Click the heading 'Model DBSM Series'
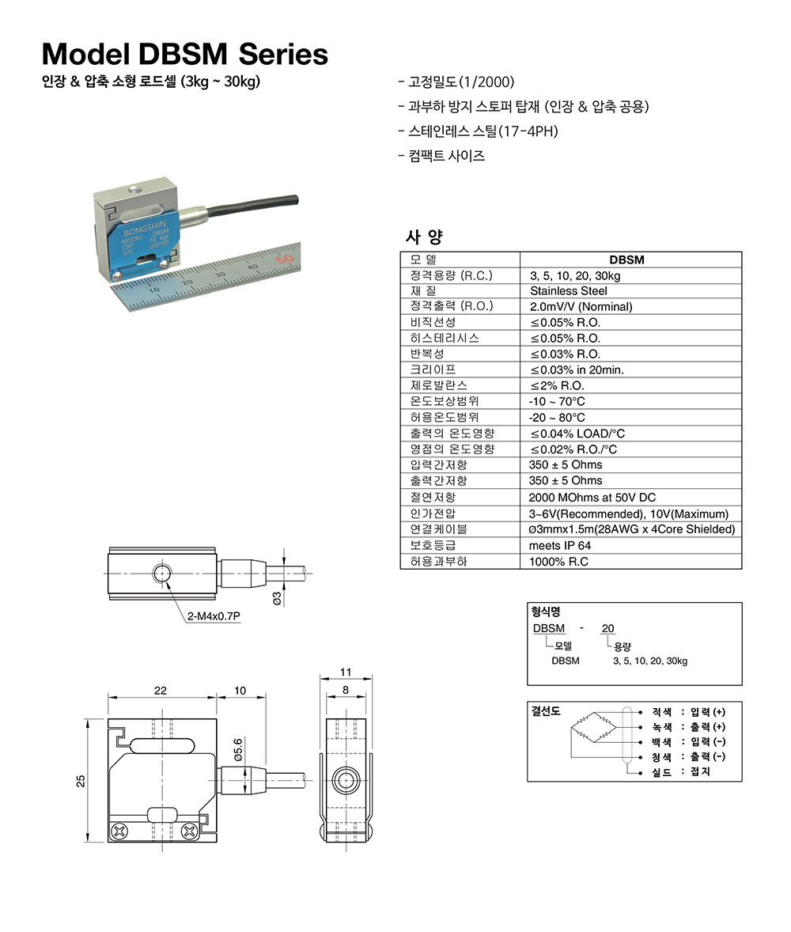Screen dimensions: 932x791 click(x=184, y=54)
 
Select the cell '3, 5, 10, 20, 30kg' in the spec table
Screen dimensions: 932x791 click(x=575, y=275)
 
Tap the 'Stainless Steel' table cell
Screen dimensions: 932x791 click(x=569, y=291)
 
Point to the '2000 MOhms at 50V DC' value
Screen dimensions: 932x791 click(x=592, y=498)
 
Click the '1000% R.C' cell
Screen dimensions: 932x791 click(x=558, y=562)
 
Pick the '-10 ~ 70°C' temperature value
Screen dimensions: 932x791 click(x=557, y=402)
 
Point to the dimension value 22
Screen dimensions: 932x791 click(x=161, y=691)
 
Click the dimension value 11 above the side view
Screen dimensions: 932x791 click(x=345, y=672)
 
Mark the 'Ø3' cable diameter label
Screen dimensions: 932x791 click(x=277, y=597)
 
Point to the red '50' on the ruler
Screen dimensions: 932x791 click(x=286, y=257)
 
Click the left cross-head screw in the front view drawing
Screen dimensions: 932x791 click(x=121, y=831)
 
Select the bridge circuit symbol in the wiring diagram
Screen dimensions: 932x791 click(x=594, y=726)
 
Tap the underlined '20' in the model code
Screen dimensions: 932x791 click(x=607, y=628)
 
